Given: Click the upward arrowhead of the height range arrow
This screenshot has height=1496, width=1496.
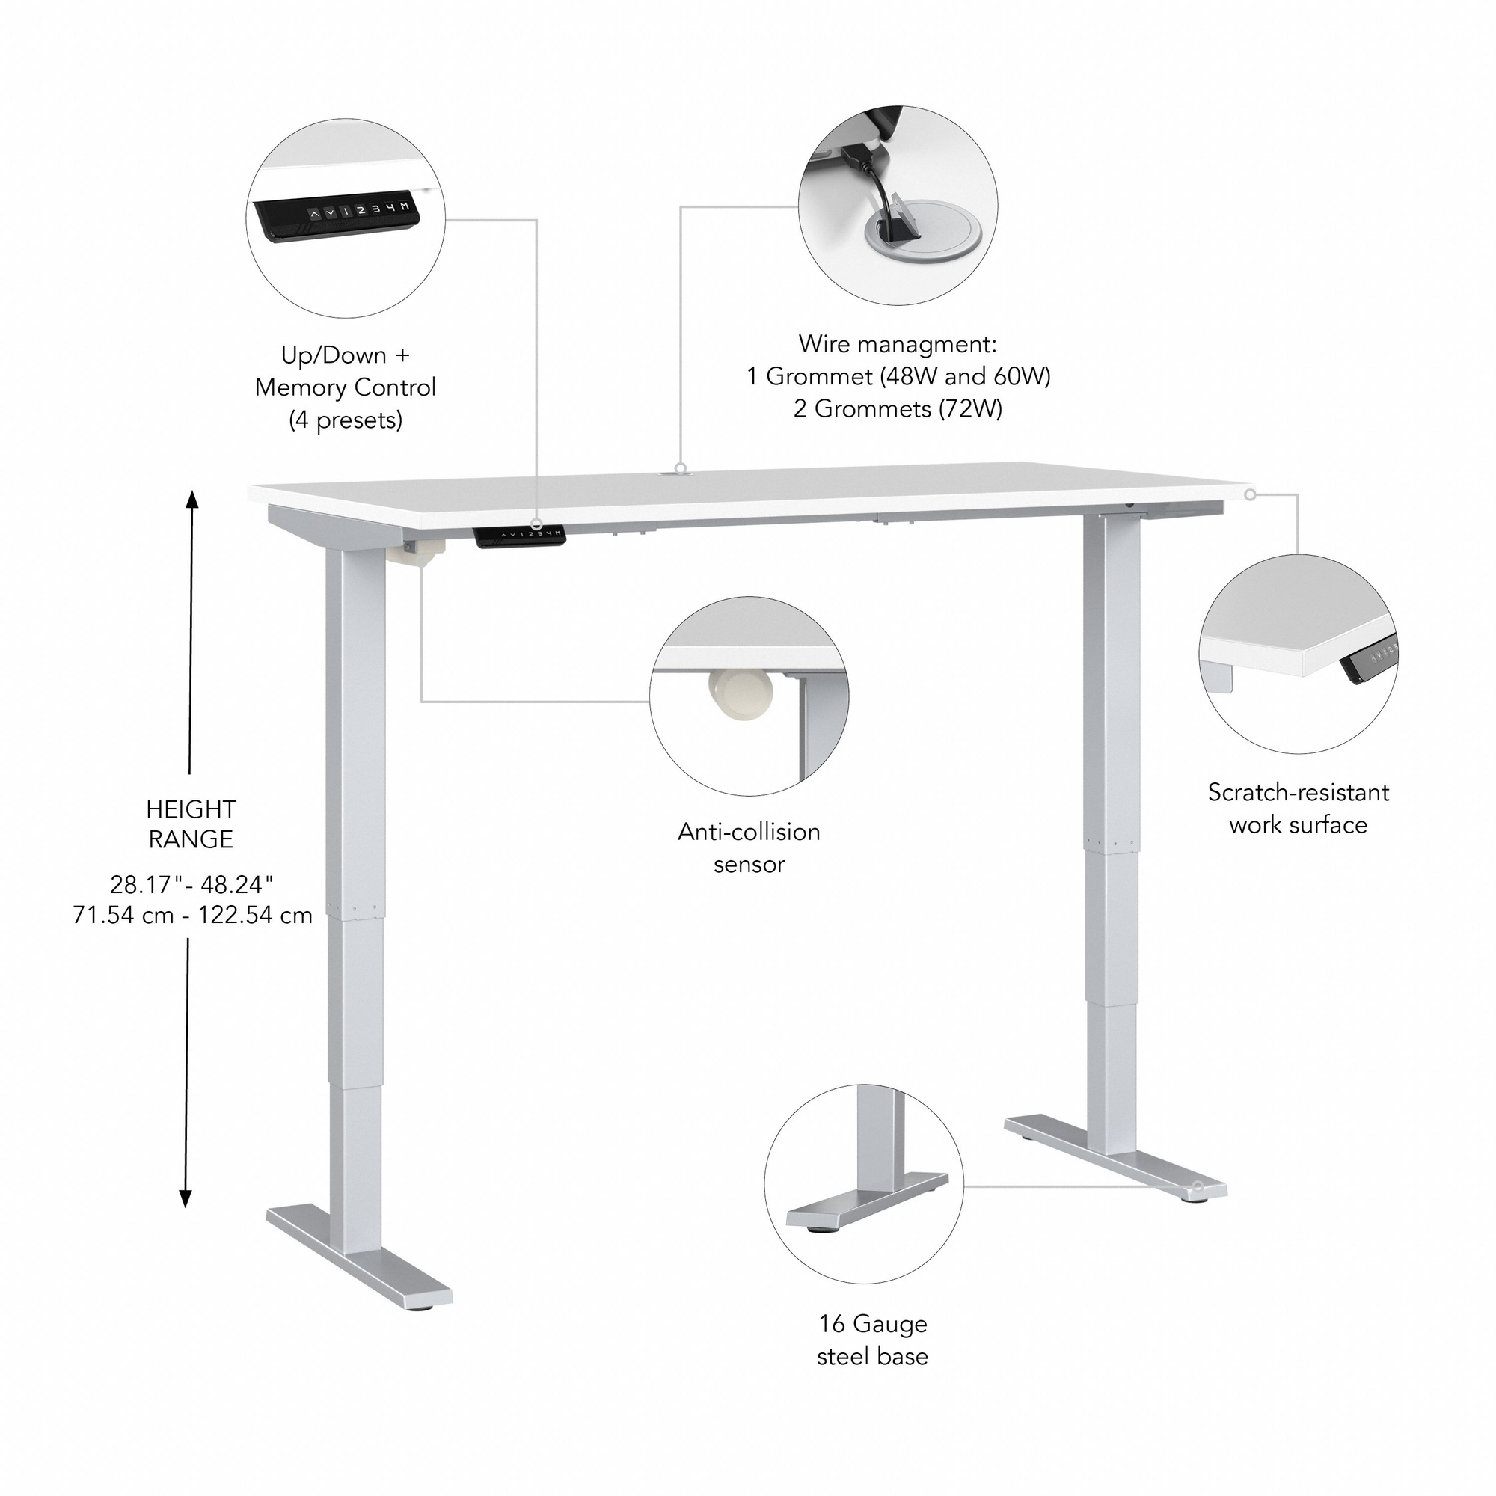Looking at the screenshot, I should click(192, 499).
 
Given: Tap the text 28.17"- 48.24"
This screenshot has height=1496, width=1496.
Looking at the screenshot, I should click(192, 883).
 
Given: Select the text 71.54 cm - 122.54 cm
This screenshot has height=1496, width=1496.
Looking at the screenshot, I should click(192, 915).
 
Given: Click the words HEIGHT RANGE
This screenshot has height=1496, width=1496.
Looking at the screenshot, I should click(191, 824).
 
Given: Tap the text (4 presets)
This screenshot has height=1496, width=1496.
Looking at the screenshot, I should click(346, 420).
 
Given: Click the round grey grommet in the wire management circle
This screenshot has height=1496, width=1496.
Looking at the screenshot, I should click(922, 229).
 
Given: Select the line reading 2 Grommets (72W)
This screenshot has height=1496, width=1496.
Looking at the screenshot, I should click(898, 408).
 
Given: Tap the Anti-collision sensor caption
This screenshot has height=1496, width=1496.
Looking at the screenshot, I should click(749, 847).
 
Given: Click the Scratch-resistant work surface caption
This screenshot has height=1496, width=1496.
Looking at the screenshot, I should click(1298, 808).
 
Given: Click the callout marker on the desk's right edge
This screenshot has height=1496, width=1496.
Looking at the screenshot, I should click(1250, 494).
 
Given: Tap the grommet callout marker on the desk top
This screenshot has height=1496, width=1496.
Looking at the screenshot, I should click(680, 468).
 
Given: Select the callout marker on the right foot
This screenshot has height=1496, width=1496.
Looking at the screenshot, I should click(1198, 1186).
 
